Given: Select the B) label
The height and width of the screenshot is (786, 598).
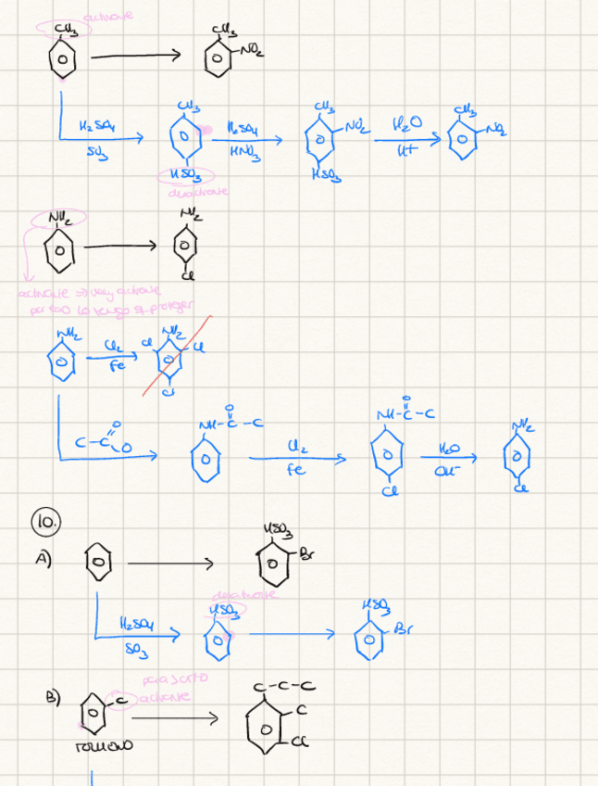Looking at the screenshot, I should click(x=56, y=697).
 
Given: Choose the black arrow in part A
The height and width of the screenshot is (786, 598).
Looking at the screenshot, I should click(x=169, y=563).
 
